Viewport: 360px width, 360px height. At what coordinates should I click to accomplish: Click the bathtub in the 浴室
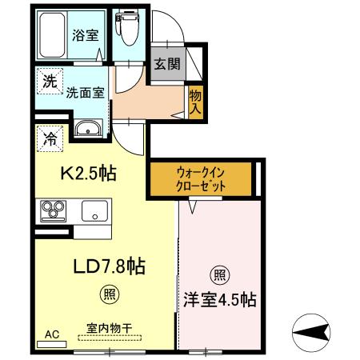click(x=52, y=34)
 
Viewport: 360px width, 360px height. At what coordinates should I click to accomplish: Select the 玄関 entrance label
click(x=167, y=64)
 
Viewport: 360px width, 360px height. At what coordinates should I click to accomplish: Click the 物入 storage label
click(x=195, y=102)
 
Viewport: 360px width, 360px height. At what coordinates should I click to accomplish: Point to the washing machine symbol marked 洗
click(x=50, y=81)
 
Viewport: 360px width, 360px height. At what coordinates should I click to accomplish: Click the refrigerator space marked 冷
click(x=50, y=138)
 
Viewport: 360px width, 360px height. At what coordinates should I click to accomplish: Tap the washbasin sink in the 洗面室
click(x=88, y=129)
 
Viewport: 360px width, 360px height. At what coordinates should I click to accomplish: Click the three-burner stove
click(x=53, y=211)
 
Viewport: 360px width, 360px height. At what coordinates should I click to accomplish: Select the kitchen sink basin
click(x=94, y=211)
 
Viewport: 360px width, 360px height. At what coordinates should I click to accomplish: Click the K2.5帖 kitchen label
click(x=89, y=174)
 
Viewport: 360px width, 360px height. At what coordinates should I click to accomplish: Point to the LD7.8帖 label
click(x=109, y=266)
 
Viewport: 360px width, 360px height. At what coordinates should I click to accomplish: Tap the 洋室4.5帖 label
click(x=219, y=300)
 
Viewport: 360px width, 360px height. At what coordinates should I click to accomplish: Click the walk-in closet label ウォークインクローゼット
click(x=201, y=179)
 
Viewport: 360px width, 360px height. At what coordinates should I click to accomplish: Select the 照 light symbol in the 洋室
click(x=220, y=275)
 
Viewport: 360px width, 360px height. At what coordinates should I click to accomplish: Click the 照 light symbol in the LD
click(x=110, y=294)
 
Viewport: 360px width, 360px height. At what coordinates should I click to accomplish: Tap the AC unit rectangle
click(x=51, y=344)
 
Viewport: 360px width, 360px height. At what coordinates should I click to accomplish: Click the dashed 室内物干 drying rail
click(x=110, y=338)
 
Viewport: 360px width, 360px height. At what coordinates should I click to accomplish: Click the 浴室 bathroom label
click(x=86, y=35)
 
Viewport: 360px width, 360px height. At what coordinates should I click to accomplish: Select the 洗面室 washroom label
click(x=85, y=93)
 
